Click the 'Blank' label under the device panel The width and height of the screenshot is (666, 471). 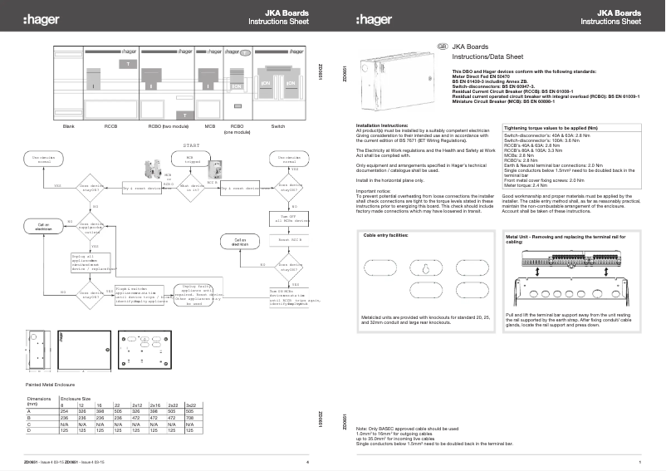(x=70, y=125)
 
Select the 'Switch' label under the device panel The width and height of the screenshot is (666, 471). (x=278, y=125)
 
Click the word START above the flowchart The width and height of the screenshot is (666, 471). (x=192, y=145)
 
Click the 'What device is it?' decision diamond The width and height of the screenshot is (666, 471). (x=192, y=189)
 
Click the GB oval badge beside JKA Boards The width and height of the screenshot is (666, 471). (x=443, y=47)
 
